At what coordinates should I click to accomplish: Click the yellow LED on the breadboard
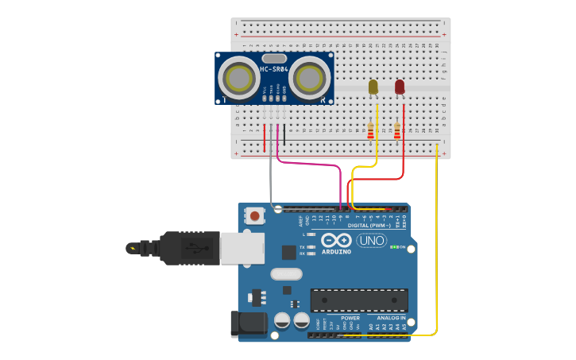[x=373, y=87]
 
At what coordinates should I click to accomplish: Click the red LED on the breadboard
[x=400, y=86]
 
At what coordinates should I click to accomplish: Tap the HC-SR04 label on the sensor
[x=273, y=69]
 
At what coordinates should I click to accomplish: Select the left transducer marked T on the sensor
[x=239, y=78]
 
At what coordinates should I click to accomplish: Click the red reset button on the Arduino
[x=254, y=215]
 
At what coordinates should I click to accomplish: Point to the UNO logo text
[x=371, y=241]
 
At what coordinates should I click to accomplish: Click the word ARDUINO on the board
[x=337, y=252]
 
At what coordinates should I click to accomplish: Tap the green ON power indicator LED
[x=394, y=247]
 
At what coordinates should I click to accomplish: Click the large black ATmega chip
[x=359, y=300]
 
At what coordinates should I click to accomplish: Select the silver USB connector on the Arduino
[x=242, y=248]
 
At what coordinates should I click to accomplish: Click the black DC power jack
[x=247, y=323]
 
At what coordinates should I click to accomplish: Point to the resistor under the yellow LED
[x=370, y=131]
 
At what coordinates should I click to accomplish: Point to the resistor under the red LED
[x=396, y=131]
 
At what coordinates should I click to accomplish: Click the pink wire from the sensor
[x=310, y=164]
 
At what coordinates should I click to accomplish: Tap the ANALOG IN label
[x=390, y=318]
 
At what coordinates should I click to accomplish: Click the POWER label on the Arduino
[x=350, y=318]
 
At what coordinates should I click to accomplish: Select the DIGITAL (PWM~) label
[x=366, y=226]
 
